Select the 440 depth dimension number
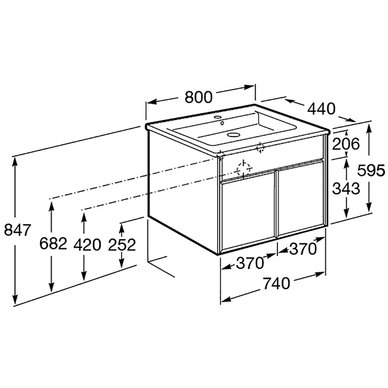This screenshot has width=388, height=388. (x=321, y=109)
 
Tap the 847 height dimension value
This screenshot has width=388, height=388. (x=17, y=229)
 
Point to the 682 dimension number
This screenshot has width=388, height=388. (x=53, y=243)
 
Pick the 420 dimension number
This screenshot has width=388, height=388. (x=87, y=245)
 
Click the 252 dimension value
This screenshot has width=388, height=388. (x=122, y=245)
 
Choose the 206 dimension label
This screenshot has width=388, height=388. (x=346, y=144)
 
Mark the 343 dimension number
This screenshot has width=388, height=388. (x=346, y=188)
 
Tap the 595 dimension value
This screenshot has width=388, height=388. (x=372, y=170)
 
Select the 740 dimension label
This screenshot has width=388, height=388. (x=276, y=283)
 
